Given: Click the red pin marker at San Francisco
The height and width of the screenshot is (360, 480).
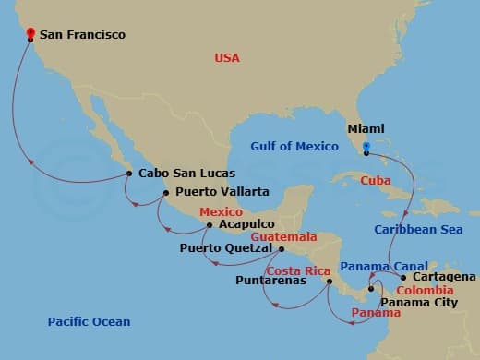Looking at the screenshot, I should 30,35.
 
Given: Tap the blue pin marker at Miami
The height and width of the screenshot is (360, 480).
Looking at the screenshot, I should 366,146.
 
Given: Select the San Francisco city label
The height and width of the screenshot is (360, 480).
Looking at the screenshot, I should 82,36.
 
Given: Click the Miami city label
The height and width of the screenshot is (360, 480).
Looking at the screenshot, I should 366,130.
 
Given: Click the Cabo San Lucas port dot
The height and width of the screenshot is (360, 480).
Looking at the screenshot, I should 128,173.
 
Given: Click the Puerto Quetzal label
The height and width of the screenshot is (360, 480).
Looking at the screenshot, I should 226,248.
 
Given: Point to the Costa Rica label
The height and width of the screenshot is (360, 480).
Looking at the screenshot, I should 298,270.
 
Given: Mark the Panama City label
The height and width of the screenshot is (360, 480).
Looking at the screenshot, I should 419,300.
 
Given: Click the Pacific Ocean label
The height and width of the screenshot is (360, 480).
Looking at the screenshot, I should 89,322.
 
